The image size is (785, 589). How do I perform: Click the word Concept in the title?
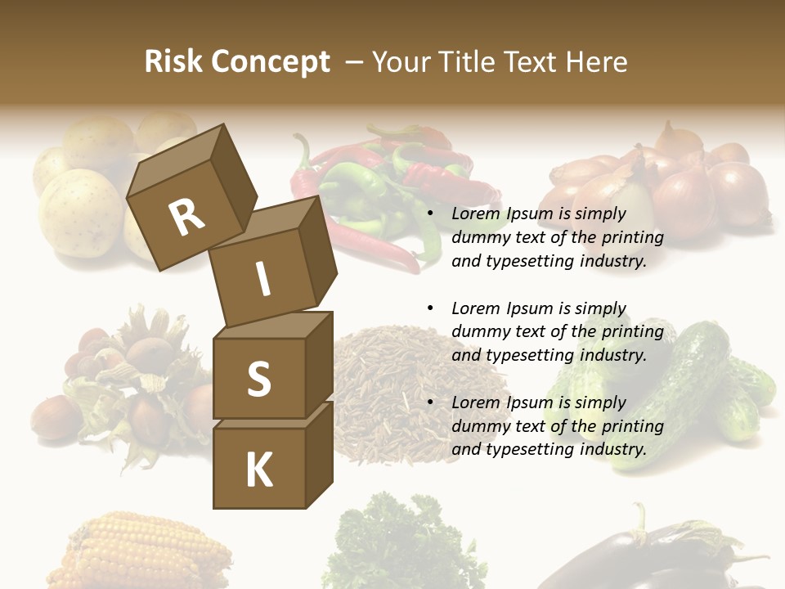(271, 62)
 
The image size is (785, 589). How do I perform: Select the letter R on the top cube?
(186, 217)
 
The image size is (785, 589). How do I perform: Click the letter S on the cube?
(258, 379)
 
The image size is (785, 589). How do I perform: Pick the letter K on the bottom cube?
(258, 470)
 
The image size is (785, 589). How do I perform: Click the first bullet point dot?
(431, 214)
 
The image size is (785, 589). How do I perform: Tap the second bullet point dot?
(431, 308)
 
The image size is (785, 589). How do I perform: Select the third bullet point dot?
(431, 402)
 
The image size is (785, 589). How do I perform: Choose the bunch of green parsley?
(401, 544)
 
